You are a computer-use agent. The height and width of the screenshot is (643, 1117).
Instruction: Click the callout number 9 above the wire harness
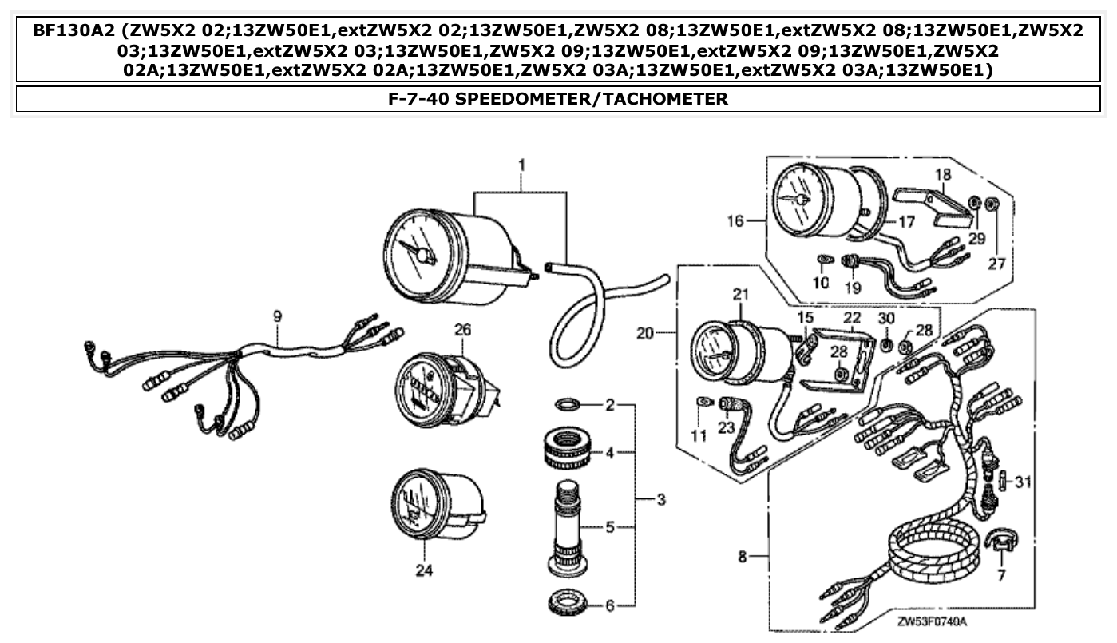[x=278, y=317]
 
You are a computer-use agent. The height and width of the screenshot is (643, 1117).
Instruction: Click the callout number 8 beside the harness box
[x=742, y=557]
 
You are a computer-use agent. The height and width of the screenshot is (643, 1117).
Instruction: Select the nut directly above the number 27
[x=992, y=204]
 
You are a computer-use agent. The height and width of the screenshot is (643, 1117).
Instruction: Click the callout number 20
[x=646, y=331]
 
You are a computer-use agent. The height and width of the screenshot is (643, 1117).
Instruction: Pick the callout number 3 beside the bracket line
[x=661, y=501]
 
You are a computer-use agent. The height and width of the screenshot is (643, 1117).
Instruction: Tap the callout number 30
[x=886, y=319]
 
